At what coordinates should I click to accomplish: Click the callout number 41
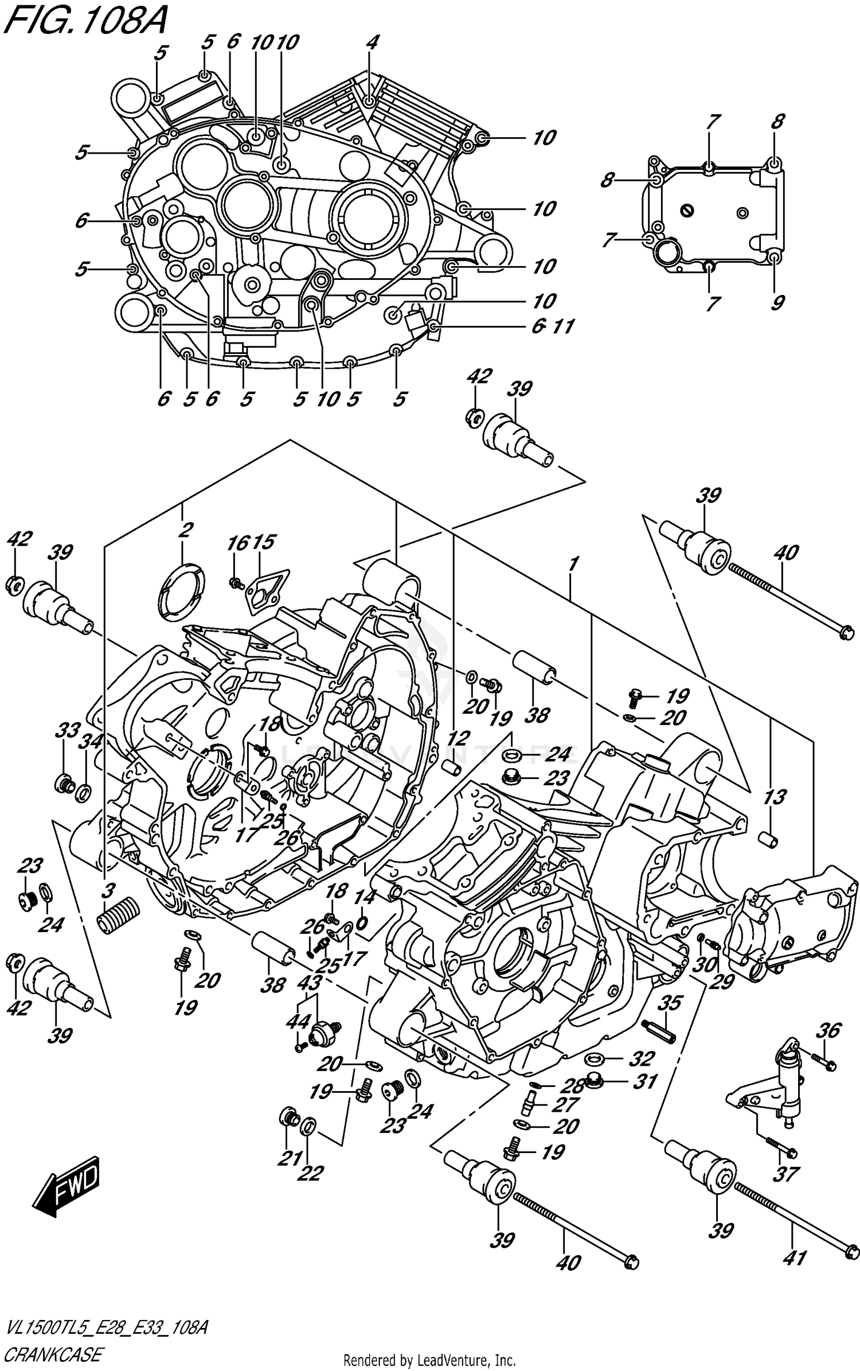794,1257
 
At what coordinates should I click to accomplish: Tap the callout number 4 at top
372,42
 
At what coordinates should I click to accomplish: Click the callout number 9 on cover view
777,302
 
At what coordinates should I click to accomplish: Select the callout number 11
563,327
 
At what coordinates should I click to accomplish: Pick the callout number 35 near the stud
669,1003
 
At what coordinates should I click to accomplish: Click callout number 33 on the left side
68,731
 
